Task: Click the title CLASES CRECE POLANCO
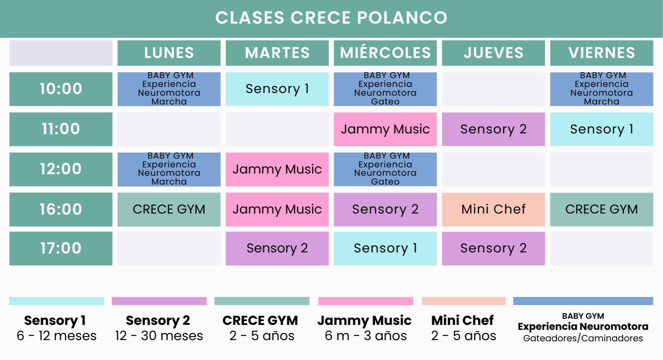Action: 331,18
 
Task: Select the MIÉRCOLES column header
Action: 385,53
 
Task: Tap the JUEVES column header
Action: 493,53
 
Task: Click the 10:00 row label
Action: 61,89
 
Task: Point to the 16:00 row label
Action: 61,209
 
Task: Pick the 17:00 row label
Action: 61,248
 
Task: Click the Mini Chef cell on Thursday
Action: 493,209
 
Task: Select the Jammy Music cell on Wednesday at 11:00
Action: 385,129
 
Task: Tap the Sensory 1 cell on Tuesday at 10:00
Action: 277,89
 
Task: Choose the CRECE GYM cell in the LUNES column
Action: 169,209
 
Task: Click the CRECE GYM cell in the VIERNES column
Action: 601,209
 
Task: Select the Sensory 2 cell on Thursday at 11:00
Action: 493,129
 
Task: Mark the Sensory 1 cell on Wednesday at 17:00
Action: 385,248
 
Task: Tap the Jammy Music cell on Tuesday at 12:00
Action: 277,169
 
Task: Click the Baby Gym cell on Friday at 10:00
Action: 601,89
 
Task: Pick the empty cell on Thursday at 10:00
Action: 493,89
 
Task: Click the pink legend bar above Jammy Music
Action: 366,301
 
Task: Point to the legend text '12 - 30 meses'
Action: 159,336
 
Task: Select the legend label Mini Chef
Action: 462,320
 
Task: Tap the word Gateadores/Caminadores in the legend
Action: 583,338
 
